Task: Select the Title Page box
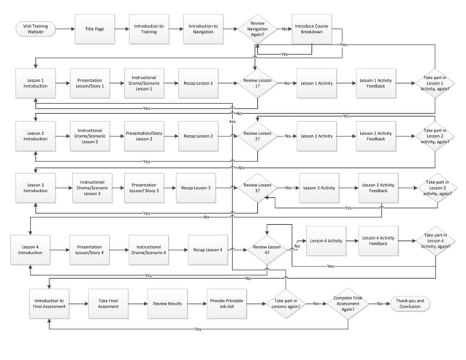click(x=94, y=28)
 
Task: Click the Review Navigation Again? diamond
click(x=257, y=28)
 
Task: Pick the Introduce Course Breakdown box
click(x=312, y=28)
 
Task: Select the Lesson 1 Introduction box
click(x=34, y=83)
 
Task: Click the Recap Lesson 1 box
click(x=197, y=83)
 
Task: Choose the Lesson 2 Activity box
click(x=316, y=136)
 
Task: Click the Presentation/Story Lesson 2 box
click(x=144, y=136)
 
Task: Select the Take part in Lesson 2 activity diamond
click(x=435, y=136)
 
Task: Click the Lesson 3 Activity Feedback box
click(x=378, y=188)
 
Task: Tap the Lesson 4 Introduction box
click(x=30, y=249)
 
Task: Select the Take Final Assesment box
click(x=108, y=303)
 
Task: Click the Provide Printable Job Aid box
click(x=226, y=303)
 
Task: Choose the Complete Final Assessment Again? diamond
click(x=348, y=303)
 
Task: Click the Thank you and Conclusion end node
click(x=410, y=303)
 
